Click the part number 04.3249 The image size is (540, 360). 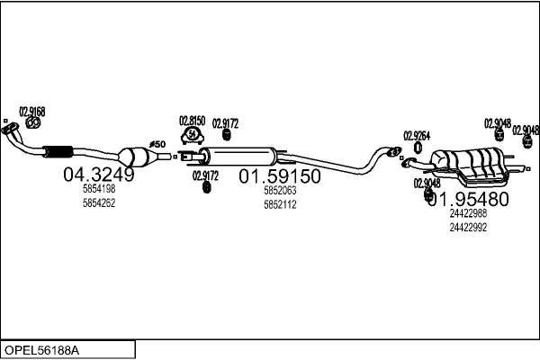coord(98,175)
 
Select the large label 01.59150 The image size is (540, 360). coord(279,177)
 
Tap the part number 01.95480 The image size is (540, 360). coord(468,199)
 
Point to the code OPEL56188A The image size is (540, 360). coord(43,348)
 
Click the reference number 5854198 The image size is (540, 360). coord(99,190)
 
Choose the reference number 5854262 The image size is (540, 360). coord(99,202)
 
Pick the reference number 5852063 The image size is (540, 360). coord(280,192)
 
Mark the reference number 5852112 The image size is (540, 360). coord(280,204)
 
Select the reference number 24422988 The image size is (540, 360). coord(468,213)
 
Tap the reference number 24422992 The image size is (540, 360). coord(468,227)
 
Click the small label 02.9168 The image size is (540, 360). coord(31,111)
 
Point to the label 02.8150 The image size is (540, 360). coord(192,120)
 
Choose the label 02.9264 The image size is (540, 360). coord(416,135)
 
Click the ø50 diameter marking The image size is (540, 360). coord(157,144)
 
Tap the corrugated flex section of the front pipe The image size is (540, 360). coord(58,149)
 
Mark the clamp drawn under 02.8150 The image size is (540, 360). coord(192,136)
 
